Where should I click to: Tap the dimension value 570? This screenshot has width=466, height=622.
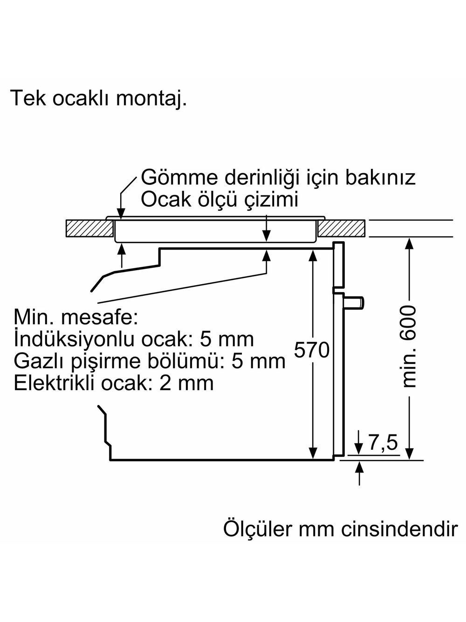tap(312, 350)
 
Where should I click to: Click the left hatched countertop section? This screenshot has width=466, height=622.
tap(90, 229)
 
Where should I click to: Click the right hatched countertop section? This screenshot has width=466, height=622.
tap(343, 229)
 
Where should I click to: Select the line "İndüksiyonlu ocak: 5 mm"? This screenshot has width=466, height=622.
tap(134, 339)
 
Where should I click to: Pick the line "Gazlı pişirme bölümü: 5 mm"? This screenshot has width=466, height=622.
tap(150, 361)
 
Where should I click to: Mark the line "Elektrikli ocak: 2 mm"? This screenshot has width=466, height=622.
tap(114, 383)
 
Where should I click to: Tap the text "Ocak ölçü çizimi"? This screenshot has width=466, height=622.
tap(219, 200)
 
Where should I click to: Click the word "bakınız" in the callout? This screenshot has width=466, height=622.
tap(379, 178)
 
